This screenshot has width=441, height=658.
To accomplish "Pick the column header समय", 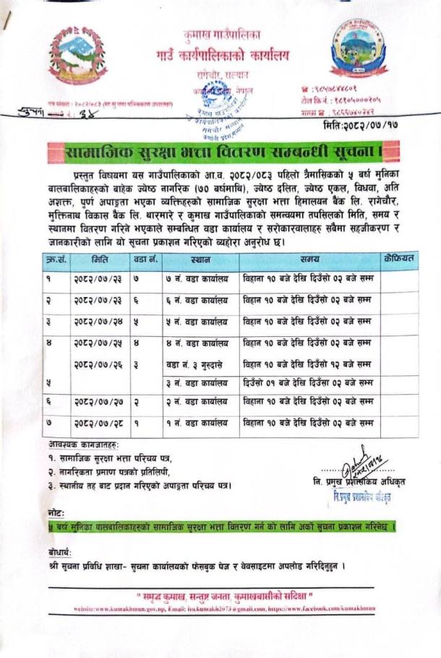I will click(x=307, y=260).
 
